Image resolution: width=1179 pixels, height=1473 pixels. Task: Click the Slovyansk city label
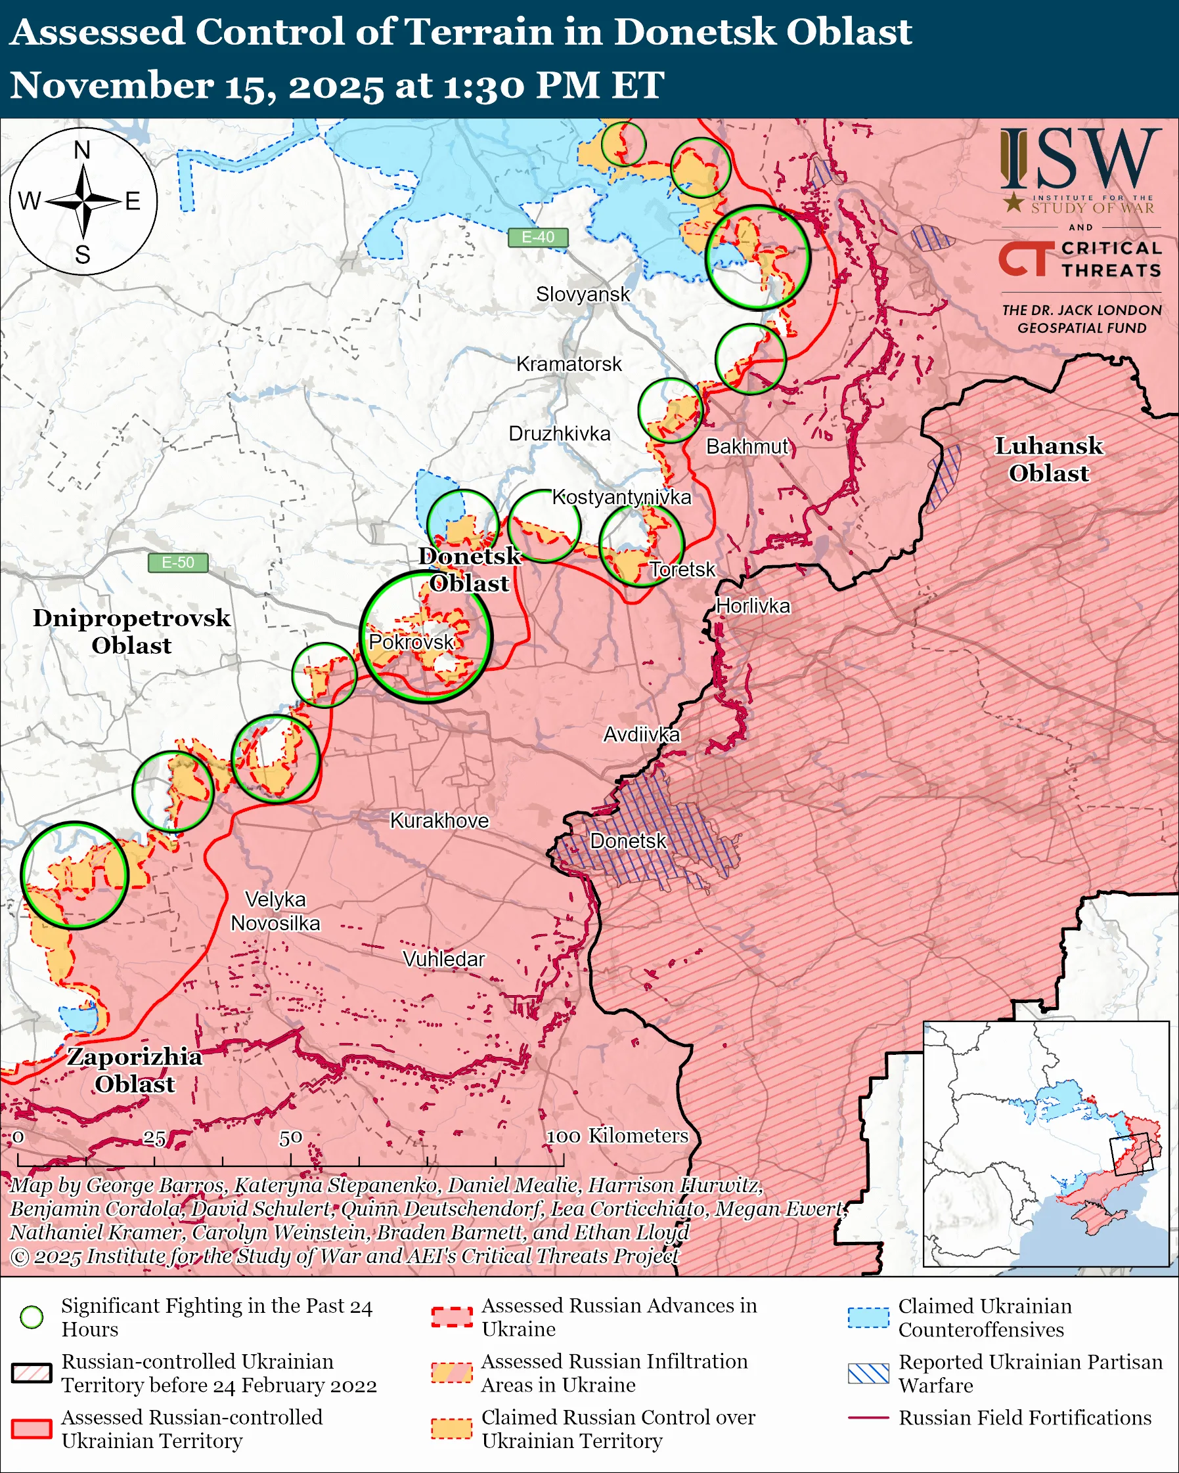click(583, 295)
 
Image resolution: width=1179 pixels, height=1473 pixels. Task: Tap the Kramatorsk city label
click(569, 364)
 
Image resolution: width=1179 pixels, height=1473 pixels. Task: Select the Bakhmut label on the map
click(747, 447)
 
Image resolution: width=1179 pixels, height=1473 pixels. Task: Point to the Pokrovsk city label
click(411, 642)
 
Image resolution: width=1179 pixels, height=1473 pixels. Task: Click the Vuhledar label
click(443, 959)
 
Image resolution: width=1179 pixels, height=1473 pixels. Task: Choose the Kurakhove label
click(439, 821)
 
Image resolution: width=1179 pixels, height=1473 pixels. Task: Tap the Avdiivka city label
click(641, 735)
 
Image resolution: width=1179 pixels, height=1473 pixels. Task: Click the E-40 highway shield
click(538, 237)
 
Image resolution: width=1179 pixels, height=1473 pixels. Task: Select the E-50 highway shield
click(178, 563)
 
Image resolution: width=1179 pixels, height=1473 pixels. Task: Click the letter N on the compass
click(82, 150)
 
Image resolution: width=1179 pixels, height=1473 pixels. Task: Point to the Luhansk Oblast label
click(1048, 459)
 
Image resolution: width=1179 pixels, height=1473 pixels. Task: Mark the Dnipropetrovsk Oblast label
click(131, 631)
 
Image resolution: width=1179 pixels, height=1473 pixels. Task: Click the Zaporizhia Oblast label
click(135, 1070)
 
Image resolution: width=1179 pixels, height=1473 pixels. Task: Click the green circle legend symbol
click(32, 1317)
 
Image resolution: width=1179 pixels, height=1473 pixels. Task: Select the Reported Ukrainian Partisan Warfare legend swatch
click(868, 1373)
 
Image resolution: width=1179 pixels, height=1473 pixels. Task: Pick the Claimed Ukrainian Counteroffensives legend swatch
click(868, 1317)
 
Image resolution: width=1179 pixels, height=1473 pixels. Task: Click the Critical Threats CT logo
click(1023, 259)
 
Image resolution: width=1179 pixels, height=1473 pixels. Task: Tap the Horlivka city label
click(753, 606)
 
